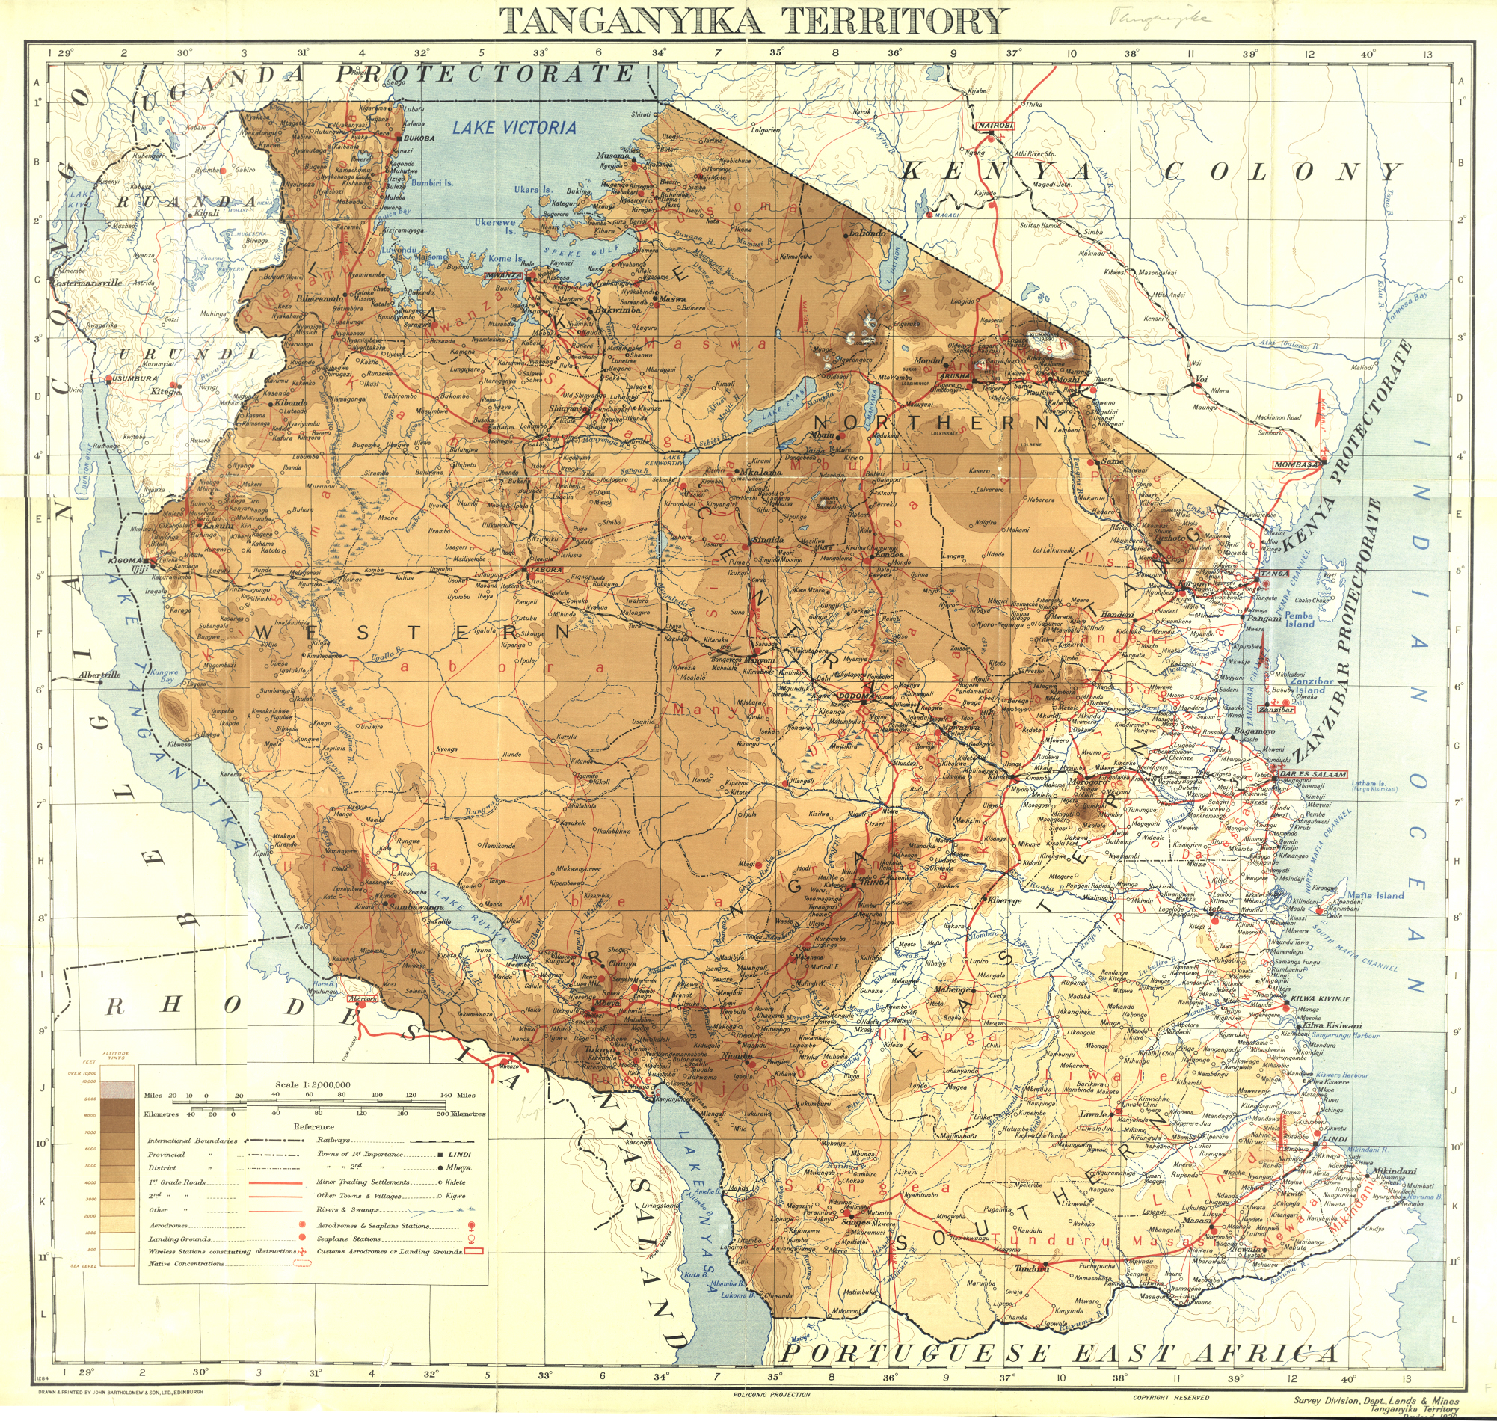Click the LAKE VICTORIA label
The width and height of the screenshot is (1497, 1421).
[x=514, y=127]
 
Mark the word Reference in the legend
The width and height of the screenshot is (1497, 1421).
[x=314, y=1126]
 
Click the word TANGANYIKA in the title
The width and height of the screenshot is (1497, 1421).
[x=630, y=20]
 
